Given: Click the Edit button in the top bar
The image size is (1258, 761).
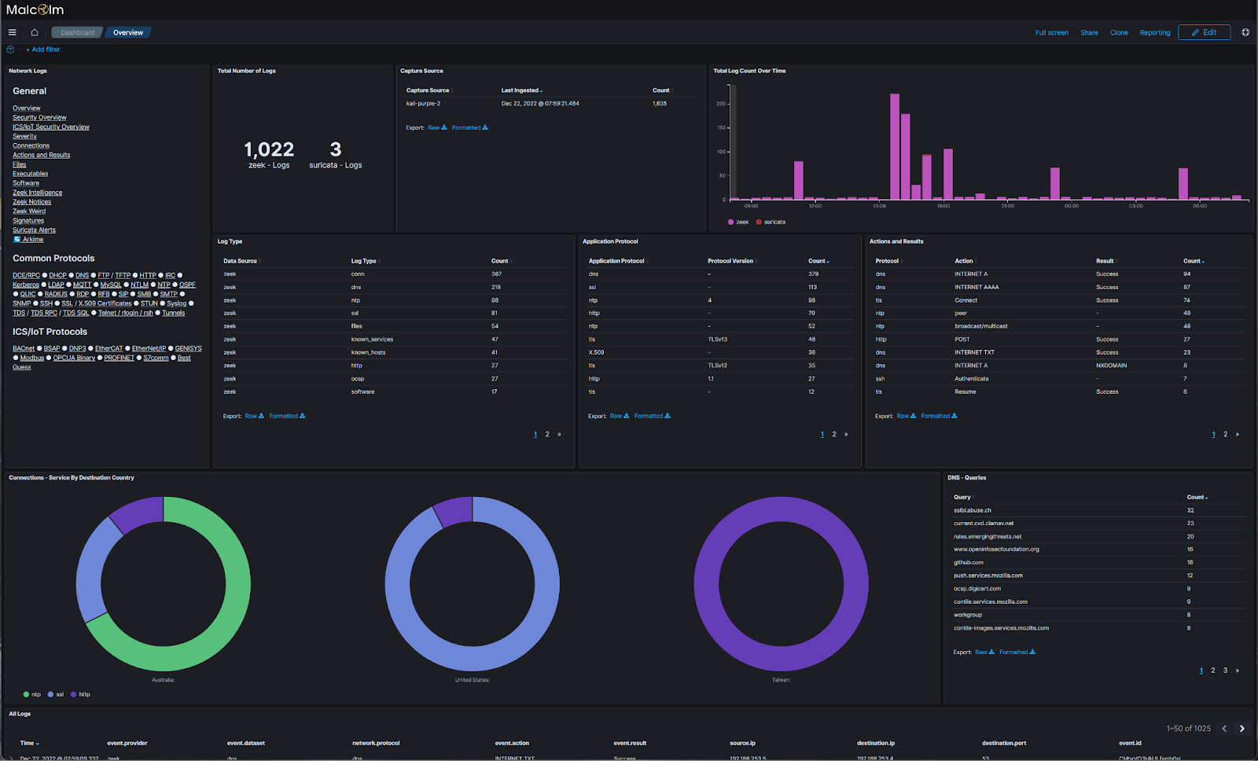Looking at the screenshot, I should (1204, 32).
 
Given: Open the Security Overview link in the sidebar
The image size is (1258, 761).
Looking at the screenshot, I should (39, 117).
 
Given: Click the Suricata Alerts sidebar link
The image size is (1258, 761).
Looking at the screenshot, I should (34, 230).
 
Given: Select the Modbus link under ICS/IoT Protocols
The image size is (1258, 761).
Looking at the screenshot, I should (32, 358).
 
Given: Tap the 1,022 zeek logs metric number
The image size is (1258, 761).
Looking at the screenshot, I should (269, 149).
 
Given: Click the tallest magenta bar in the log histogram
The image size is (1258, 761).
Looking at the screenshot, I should (895, 147).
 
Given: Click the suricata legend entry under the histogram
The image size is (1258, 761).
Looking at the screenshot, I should (774, 222).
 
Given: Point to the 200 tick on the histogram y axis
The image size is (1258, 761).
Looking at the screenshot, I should (720, 104).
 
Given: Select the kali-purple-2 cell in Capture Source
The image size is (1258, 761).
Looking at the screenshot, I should (423, 104).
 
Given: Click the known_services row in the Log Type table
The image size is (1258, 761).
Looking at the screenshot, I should (372, 340).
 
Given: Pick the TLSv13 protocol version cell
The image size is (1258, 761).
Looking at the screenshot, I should (717, 340).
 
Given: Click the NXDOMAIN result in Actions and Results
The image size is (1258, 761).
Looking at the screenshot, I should (1111, 366).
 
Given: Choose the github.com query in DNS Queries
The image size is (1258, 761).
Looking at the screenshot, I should (969, 562).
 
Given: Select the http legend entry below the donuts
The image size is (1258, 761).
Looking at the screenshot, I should (83, 694).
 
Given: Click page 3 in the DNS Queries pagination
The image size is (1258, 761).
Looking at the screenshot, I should (1225, 671).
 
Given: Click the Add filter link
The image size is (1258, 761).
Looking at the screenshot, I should (43, 50).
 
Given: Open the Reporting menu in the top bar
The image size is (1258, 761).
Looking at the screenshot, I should (1154, 32).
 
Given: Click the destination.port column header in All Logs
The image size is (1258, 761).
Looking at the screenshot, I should (1003, 743).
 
